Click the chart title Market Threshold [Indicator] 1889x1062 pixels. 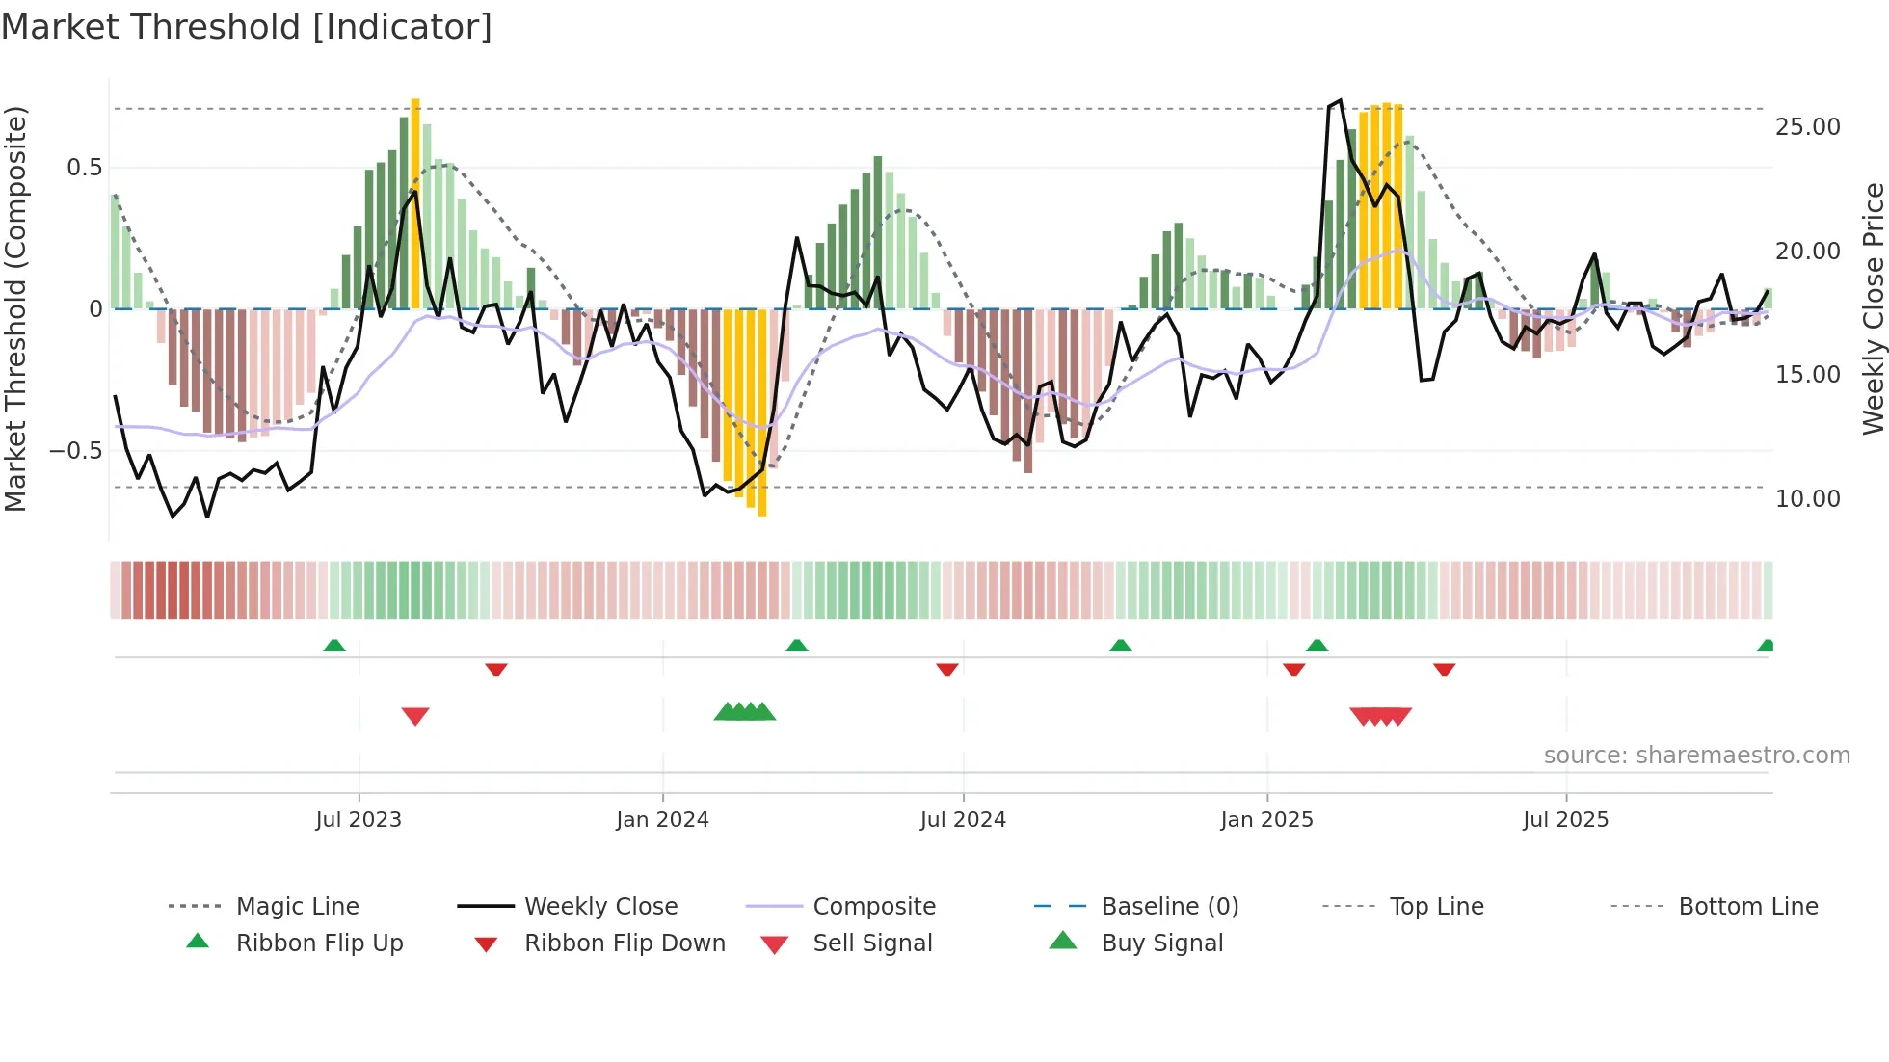(x=247, y=27)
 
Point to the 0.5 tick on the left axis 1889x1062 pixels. (x=84, y=168)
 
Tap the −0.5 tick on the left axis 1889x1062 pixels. (x=76, y=450)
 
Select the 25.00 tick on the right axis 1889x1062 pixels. (x=1807, y=127)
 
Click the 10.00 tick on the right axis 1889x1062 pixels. (x=1807, y=499)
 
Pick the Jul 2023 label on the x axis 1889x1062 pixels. (x=358, y=820)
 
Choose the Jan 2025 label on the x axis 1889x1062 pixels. (x=1265, y=820)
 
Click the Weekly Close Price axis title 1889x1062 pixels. (x=1873, y=308)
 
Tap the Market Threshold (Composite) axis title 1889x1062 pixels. (x=15, y=308)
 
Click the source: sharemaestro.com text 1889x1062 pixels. (x=1696, y=756)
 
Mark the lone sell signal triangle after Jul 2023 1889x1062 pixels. (x=415, y=715)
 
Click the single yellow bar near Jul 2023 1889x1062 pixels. (x=415, y=202)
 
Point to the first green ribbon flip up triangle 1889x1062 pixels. (x=334, y=646)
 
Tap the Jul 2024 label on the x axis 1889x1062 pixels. (x=962, y=820)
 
